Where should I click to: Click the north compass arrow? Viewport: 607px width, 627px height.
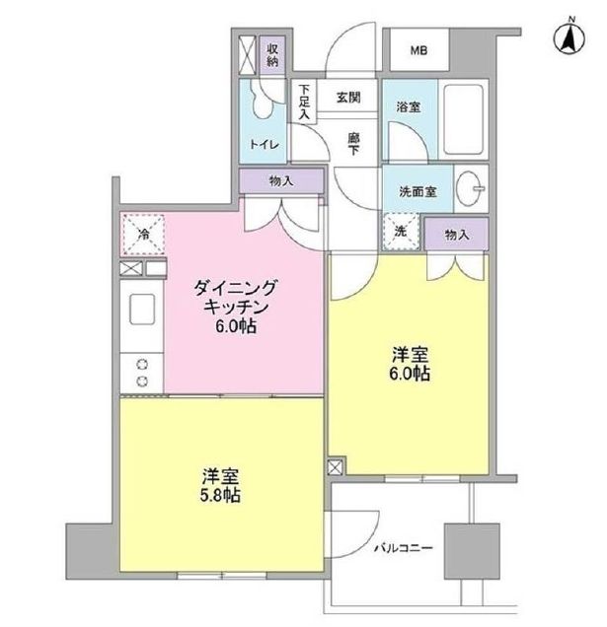click(569, 36)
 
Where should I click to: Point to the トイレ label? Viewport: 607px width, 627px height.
click(264, 145)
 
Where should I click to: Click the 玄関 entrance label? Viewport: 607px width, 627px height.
click(346, 97)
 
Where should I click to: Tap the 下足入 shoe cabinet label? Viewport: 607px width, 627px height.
click(305, 103)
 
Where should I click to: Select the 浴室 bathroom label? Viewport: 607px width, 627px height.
click(409, 105)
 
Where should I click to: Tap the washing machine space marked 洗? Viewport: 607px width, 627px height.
click(401, 232)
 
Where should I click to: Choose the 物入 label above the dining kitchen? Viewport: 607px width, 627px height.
click(280, 180)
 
